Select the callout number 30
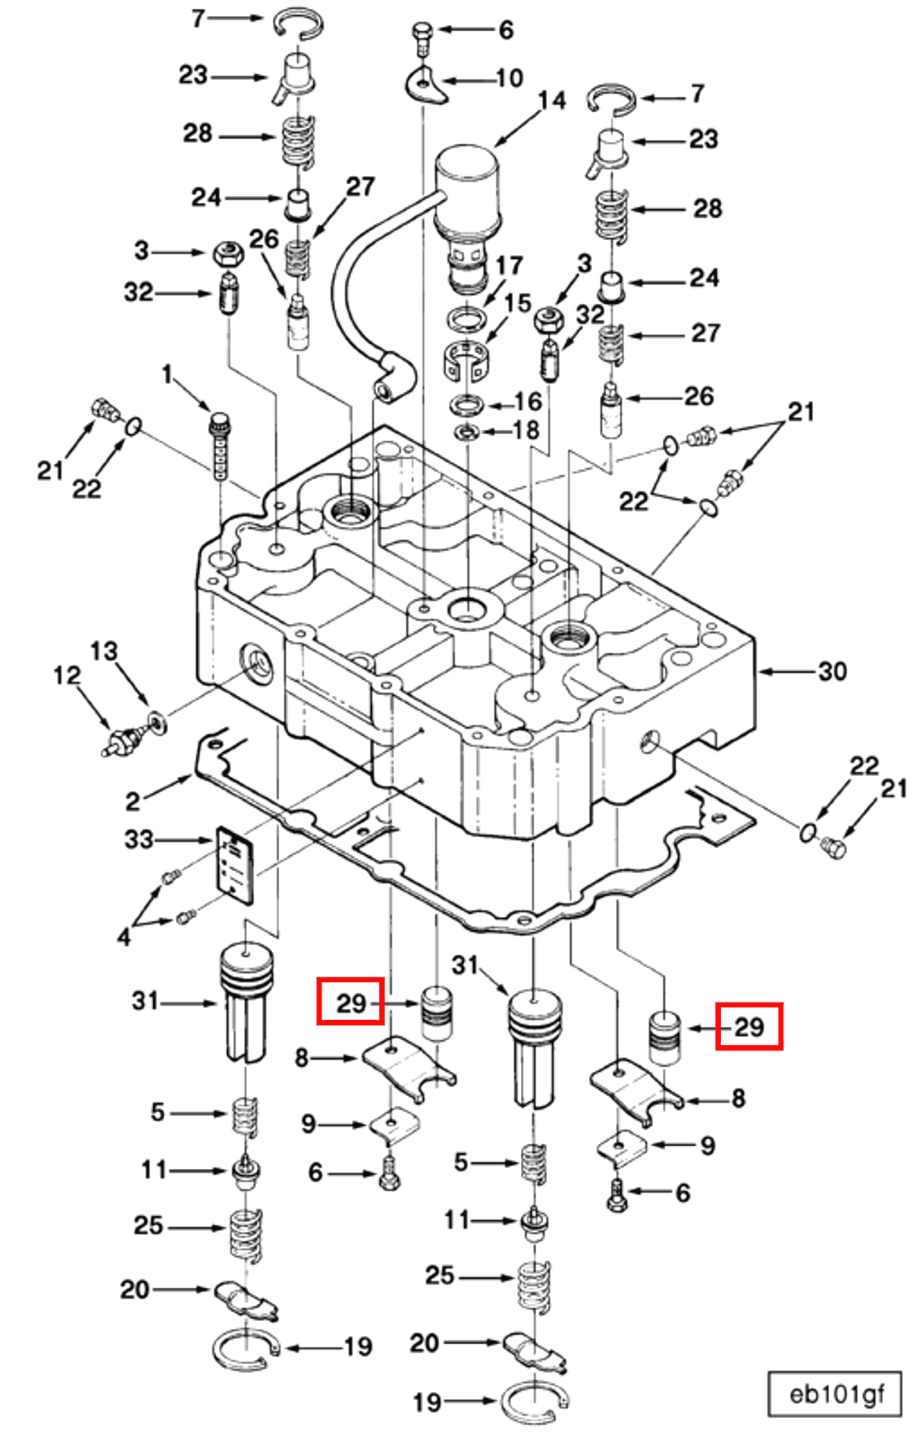(x=832, y=672)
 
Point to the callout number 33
(x=139, y=839)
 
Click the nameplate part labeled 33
(x=235, y=865)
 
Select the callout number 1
(x=166, y=375)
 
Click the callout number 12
(x=66, y=675)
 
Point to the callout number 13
(x=104, y=651)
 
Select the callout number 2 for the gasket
(x=133, y=801)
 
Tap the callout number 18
(x=526, y=430)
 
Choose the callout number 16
(x=528, y=402)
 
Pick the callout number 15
(x=517, y=303)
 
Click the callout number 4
(x=123, y=937)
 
